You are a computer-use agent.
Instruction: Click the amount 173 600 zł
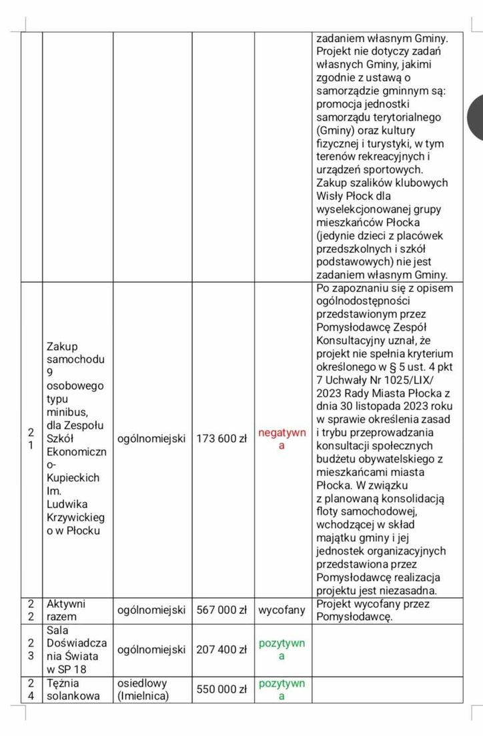coord(223,439)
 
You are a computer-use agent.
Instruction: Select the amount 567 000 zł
coord(223,610)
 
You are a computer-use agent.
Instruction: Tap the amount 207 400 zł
coord(223,649)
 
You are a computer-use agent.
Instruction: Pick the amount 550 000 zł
coord(223,689)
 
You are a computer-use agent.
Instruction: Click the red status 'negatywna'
coord(282,439)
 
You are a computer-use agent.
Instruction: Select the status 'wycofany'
coord(282,610)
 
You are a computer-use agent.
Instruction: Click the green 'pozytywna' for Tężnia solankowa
coord(282,689)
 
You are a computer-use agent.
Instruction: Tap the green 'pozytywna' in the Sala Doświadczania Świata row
coord(282,649)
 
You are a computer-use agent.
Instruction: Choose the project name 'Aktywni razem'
coord(66,610)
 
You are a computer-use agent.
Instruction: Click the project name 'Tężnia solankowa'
coord(73,689)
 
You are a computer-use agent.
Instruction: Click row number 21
coord(31,439)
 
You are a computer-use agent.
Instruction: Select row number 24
coord(31,689)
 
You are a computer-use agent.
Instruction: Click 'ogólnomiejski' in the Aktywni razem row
coord(151,610)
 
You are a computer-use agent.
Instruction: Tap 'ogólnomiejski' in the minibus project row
coord(151,439)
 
